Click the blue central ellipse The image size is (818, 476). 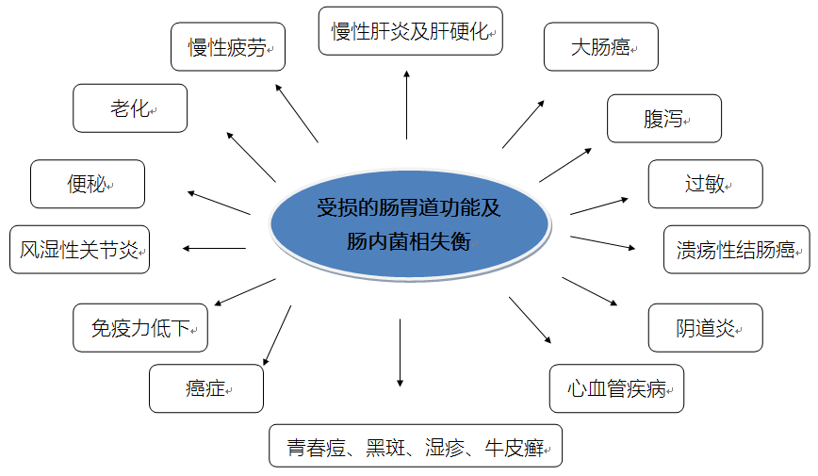[x=410, y=224]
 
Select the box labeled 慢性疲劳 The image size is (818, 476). [x=228, y=46]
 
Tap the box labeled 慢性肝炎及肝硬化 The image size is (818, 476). [x=411, y=31]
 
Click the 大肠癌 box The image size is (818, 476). [x=601, y=46]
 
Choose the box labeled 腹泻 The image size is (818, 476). [x=664, y=119]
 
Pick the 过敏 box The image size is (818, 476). [x=705, y=184]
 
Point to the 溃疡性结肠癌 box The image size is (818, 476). [x=737, y=250]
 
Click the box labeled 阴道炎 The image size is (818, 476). [x=705, y=328]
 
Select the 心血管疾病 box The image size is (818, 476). [x=616, y=388]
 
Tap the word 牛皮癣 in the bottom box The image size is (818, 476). [x=514, y=448]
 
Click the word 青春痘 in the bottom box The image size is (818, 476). [x=316, y=448]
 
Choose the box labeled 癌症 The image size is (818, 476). [x=206, y=388]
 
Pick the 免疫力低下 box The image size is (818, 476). [x=140, y=328]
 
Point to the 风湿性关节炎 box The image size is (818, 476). [x=79, y=250]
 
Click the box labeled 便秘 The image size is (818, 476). [x=88, y=184]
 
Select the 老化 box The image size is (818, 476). [x=130, y=108]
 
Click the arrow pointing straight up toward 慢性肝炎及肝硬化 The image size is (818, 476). [x=406, y=105]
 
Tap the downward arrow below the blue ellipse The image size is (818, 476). [x=401, y=353]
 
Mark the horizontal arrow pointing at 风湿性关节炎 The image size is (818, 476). [x=214, y=249]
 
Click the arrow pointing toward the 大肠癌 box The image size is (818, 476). [x=523, y=124]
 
